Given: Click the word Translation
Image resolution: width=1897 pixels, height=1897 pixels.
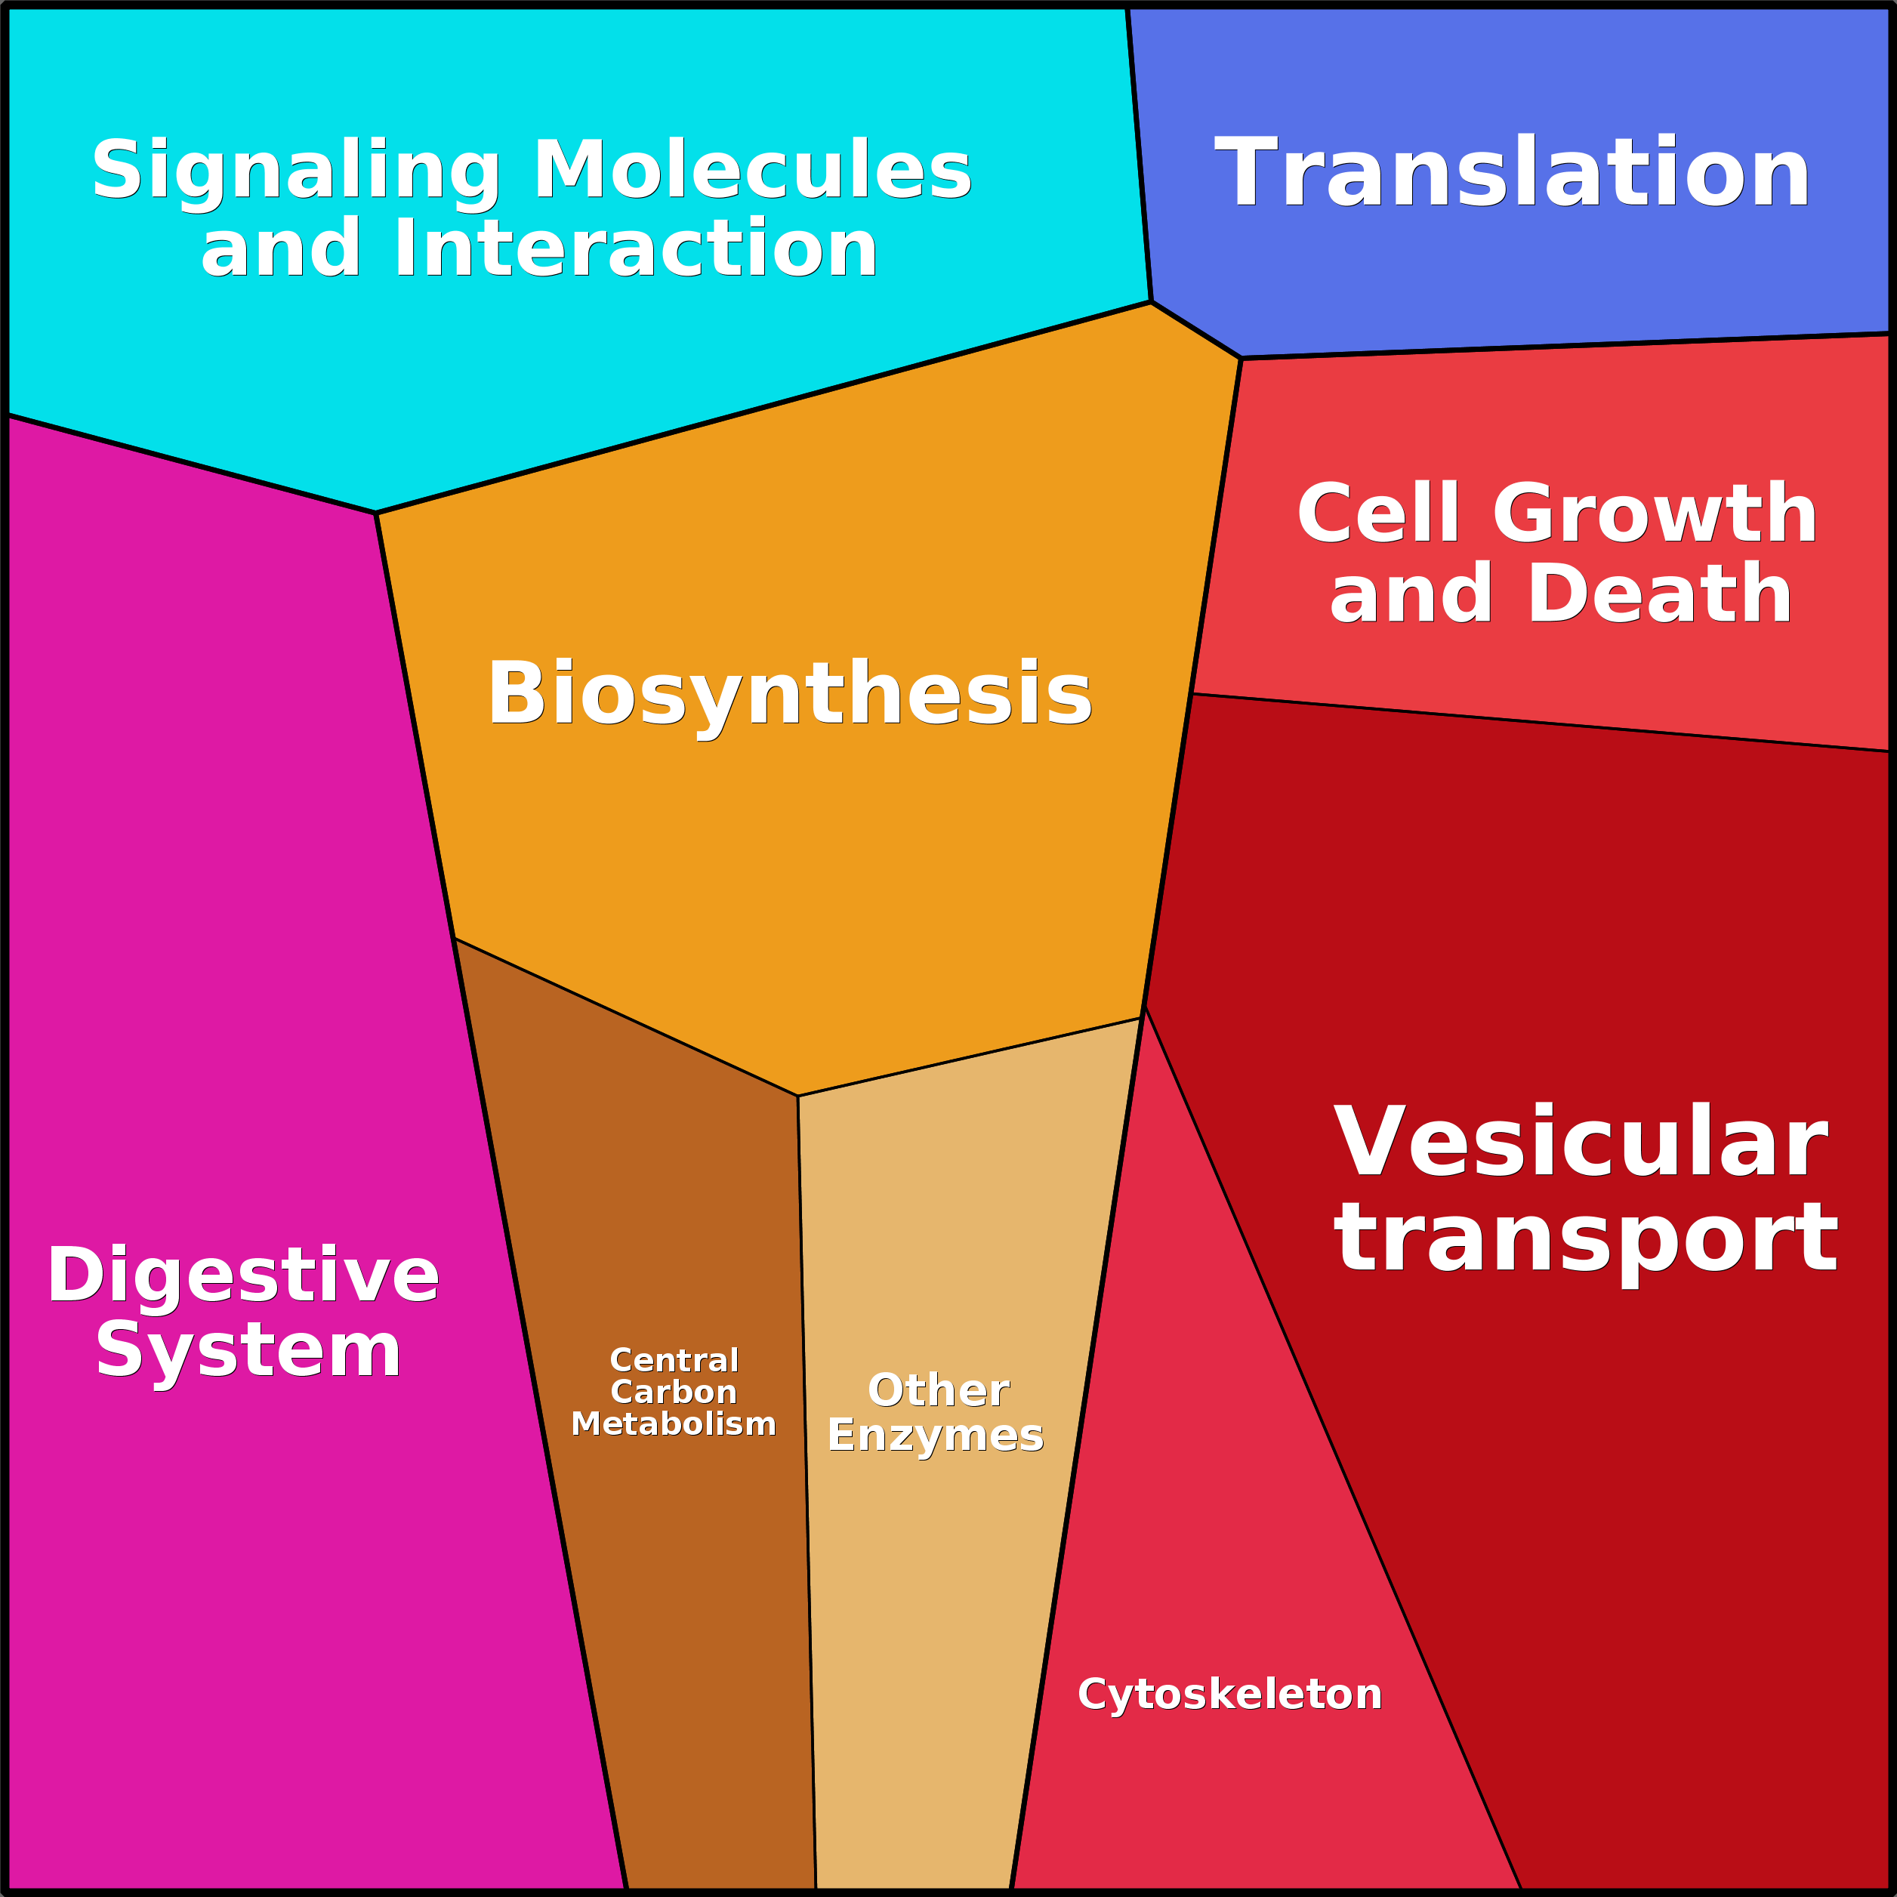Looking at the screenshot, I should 1512,173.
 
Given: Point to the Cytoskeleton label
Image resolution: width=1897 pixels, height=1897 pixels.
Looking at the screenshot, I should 1229,1694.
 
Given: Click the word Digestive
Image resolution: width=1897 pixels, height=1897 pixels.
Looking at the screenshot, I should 242,1275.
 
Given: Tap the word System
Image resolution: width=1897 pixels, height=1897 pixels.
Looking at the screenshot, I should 248,1351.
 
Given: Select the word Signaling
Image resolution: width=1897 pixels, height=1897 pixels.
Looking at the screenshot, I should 295,171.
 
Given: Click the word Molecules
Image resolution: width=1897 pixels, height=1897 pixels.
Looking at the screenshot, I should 751,171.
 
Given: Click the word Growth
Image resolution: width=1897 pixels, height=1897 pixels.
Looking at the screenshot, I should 1655,514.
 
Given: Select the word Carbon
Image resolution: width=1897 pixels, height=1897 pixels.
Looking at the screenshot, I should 674,1393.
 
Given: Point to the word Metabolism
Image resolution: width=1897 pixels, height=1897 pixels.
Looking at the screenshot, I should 674,1424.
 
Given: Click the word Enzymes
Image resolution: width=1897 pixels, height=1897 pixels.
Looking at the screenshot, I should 935,1436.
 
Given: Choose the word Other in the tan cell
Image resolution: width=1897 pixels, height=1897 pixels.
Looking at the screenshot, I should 938,1390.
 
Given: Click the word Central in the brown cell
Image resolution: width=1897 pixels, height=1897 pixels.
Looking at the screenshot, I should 674,1360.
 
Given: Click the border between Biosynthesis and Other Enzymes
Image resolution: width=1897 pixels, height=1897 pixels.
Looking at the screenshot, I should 970,1056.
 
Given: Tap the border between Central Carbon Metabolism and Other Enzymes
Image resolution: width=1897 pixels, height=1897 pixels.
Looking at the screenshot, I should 806,1473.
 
